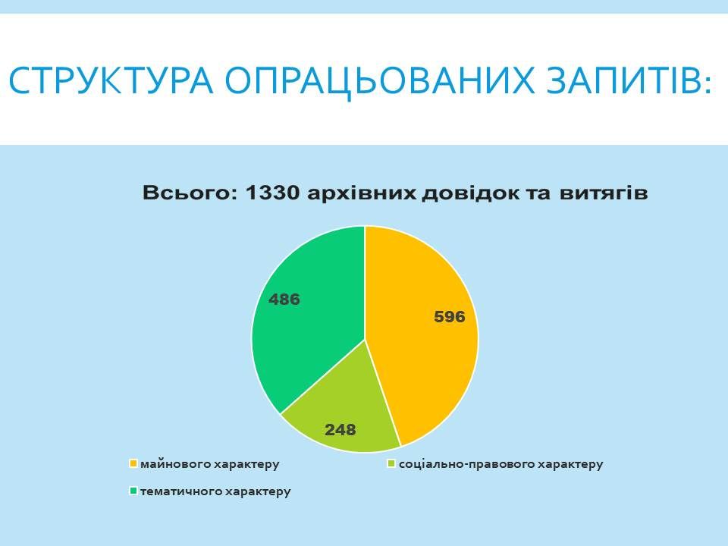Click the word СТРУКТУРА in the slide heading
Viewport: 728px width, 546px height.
pos(111,80)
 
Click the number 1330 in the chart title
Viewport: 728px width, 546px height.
pos(272,193)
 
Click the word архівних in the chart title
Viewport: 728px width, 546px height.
pos(361,193)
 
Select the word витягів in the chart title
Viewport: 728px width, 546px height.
pos(603,193)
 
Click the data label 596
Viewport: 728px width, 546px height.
pos(450,317)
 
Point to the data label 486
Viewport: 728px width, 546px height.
pos(284,299)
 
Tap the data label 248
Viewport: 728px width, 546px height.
pos(340,430)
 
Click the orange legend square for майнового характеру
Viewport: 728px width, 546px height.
pos(133,463)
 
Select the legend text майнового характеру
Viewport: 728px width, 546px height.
pos(210,464)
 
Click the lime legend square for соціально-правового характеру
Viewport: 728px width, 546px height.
pos(391,463)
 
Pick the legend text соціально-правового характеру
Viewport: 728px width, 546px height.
pos(501,464)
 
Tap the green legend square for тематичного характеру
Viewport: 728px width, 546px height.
pos(133,491)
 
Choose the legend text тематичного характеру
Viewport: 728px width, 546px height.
pos(215,491)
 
